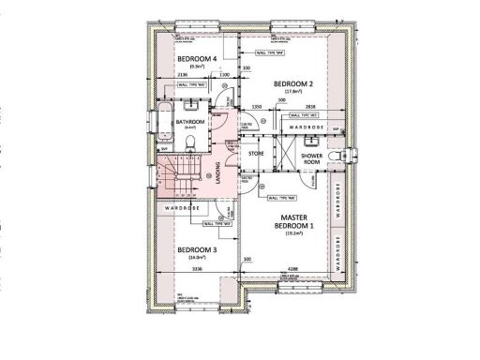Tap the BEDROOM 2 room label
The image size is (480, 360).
point(292,83)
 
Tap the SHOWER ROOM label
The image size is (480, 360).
point(311,157)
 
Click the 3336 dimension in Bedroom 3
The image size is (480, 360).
point(197,270)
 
